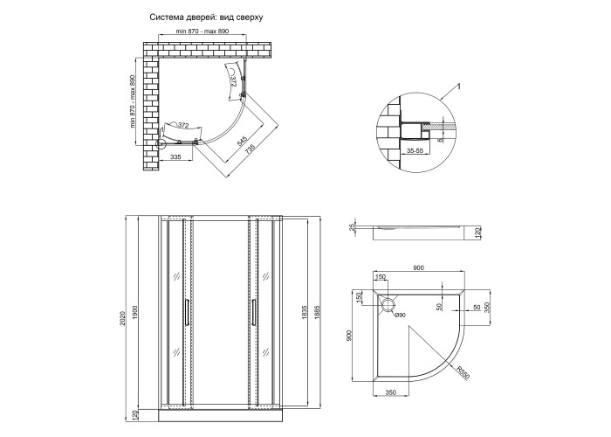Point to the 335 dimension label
click(175, 157)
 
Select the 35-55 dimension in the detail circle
click(415, 149)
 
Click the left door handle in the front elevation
click(185, 313)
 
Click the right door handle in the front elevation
click(254, 313)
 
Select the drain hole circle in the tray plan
click(388, 305)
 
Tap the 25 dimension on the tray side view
click(353, 228)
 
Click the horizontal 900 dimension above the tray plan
click(418, 268)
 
